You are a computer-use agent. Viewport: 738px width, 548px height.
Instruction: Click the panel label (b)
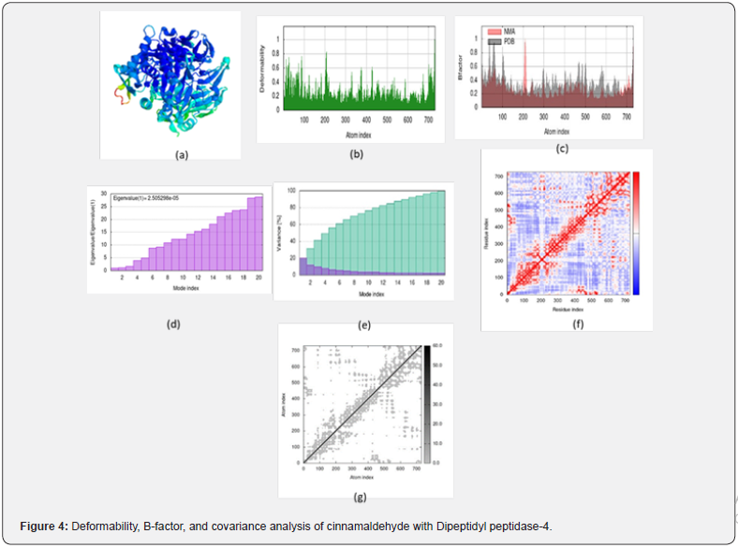click(x=355, y=153)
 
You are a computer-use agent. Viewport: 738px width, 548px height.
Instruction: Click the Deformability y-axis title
click(x=264, y=74)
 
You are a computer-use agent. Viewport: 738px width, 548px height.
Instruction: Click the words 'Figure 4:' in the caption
click(x=43, y=526)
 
